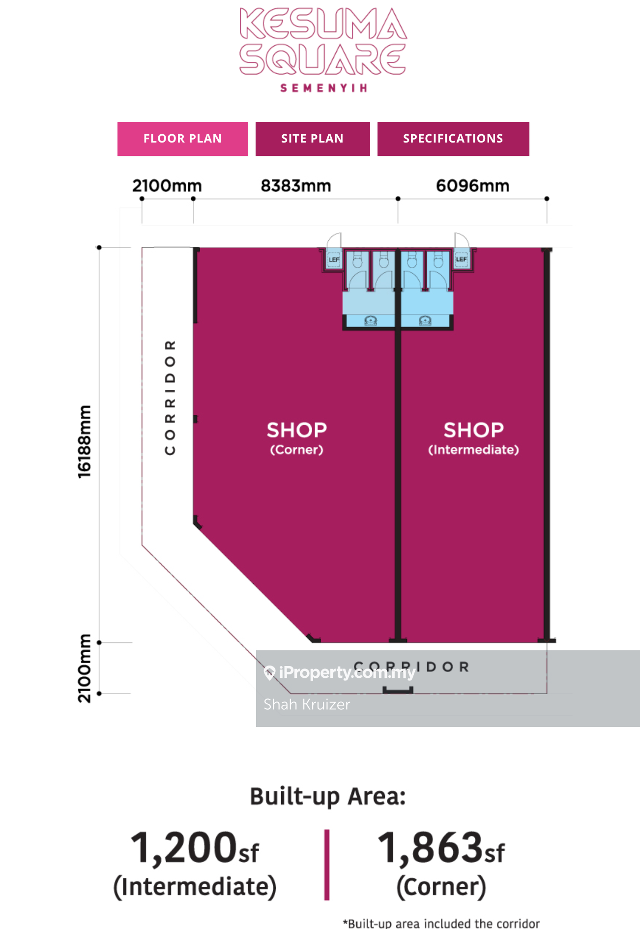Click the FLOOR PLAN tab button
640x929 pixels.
(x=182, y=139)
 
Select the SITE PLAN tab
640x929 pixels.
(x=312, y=139)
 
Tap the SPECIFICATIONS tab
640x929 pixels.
(x=453, y=139)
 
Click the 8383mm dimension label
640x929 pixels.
(x=295, y=186)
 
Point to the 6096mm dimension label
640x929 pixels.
(x=472, y=186)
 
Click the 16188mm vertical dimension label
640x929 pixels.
(x=85, y=441)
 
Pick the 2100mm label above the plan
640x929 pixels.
(x=167, y=186)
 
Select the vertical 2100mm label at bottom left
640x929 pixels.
(x=85, y=668)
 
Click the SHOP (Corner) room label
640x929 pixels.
(x=296, y=437)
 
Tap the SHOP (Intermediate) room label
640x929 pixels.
(x=473, y=437)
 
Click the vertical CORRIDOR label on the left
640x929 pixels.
(x=170, y=397)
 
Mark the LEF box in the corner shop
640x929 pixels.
(x=334, y=260)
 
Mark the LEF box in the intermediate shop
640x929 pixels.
(x=461, y=259)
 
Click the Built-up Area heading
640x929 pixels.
(x=328, y=796)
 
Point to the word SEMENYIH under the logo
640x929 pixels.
(x=323, y=88)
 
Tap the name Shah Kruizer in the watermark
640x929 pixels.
(x=307, y=704)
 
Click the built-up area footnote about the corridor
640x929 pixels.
(x=441, y=923)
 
